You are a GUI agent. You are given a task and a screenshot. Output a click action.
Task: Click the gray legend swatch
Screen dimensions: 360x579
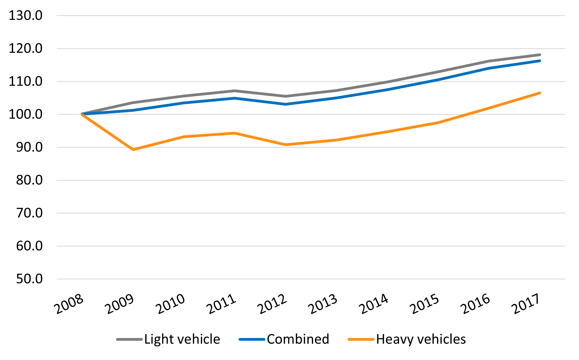tap(129, 339)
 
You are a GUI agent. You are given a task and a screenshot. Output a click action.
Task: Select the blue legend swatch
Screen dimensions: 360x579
tap(252, 339)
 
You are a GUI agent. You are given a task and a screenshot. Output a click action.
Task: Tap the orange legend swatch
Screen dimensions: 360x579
tap(361, 339)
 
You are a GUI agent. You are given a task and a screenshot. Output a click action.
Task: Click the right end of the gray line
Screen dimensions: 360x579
tap(540, 55)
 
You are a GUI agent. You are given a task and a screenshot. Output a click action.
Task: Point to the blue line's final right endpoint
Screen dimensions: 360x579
tap(540, 61)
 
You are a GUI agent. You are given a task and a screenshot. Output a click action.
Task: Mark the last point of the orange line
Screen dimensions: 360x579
tap(540, 93)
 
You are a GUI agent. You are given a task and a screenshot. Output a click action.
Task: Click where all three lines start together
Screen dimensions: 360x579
tap(82, 114)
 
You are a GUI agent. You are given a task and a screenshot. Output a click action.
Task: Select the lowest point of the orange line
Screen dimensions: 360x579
tap(133, 150)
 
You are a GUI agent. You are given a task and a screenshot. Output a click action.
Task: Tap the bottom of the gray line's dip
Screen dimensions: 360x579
tap(286, 96)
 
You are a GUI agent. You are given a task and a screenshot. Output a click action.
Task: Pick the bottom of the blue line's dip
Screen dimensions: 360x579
tap(286, 104)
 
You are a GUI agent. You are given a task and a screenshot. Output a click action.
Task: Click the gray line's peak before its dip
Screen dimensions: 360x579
tap(235, 90)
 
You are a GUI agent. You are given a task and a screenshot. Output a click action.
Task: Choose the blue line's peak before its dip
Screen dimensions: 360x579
tap(235, 98)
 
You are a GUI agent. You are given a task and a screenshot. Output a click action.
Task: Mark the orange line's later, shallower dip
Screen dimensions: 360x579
tap(286, 145)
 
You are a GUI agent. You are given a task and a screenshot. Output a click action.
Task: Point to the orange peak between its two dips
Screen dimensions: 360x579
tap(235, 133)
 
